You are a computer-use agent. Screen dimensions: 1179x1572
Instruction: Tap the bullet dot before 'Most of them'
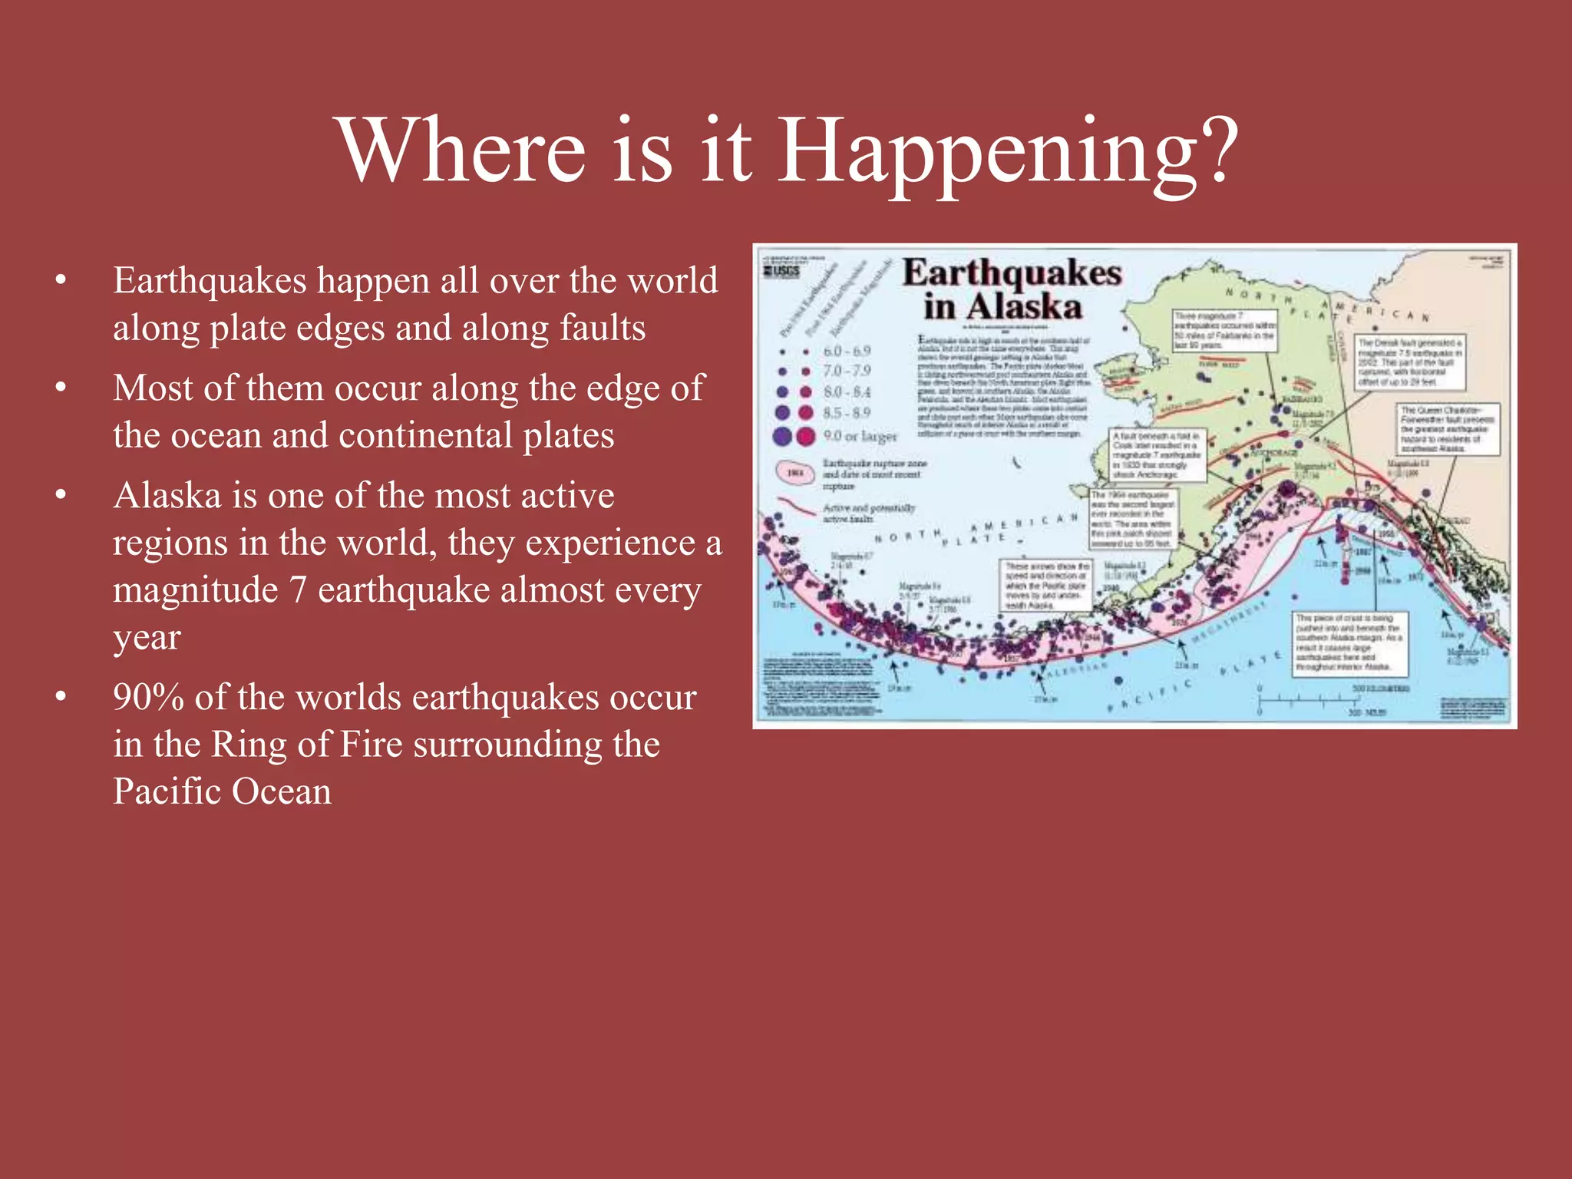pos(61,388)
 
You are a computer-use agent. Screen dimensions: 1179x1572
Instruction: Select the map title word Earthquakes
pos(1012,273)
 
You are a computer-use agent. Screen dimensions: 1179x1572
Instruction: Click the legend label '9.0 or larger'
pos(860,436)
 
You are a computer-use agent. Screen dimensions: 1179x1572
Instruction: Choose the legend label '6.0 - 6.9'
pos(847,351)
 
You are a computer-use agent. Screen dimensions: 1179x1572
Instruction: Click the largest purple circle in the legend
pos(782,436)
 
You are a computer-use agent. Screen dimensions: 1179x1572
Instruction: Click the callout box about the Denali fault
pos(1409,362)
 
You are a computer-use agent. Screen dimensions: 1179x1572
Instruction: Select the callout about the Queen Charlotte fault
pos(1448,429)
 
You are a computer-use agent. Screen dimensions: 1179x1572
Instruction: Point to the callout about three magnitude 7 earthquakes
pos(1224,330)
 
